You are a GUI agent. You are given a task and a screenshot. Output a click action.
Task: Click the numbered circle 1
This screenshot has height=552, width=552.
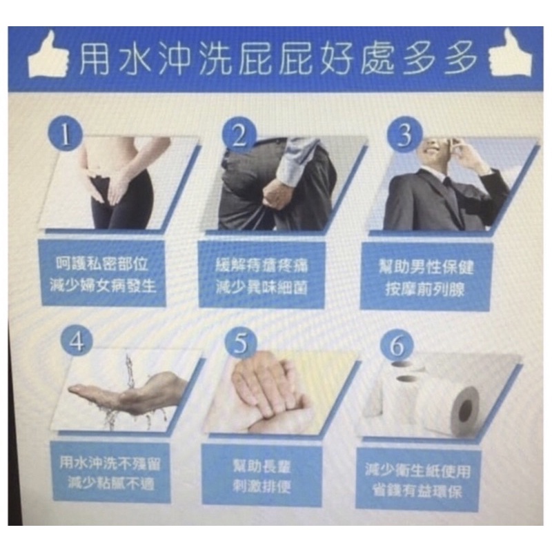66,132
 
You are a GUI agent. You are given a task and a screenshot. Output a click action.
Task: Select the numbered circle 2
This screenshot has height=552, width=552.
239,134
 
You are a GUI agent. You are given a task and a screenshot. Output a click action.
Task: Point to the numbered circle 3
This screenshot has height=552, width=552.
404,134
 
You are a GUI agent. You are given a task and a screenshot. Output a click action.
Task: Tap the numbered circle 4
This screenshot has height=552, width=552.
77,341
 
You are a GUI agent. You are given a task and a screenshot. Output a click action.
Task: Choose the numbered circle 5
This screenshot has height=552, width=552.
241,343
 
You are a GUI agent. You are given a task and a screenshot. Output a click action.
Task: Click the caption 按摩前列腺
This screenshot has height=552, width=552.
425,289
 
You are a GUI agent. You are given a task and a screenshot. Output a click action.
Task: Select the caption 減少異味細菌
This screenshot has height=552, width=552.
262,287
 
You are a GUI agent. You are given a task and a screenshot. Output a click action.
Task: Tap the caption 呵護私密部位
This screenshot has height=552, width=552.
102,264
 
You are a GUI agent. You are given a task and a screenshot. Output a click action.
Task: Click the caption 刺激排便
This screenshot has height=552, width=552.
262,486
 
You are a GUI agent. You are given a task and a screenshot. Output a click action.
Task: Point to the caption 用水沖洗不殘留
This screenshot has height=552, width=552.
110,462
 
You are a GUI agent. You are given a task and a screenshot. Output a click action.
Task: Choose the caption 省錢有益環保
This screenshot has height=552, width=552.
417,491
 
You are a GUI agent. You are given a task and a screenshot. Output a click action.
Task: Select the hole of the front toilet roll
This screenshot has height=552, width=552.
464,411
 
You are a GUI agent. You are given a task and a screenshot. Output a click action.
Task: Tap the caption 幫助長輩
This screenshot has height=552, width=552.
262,466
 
